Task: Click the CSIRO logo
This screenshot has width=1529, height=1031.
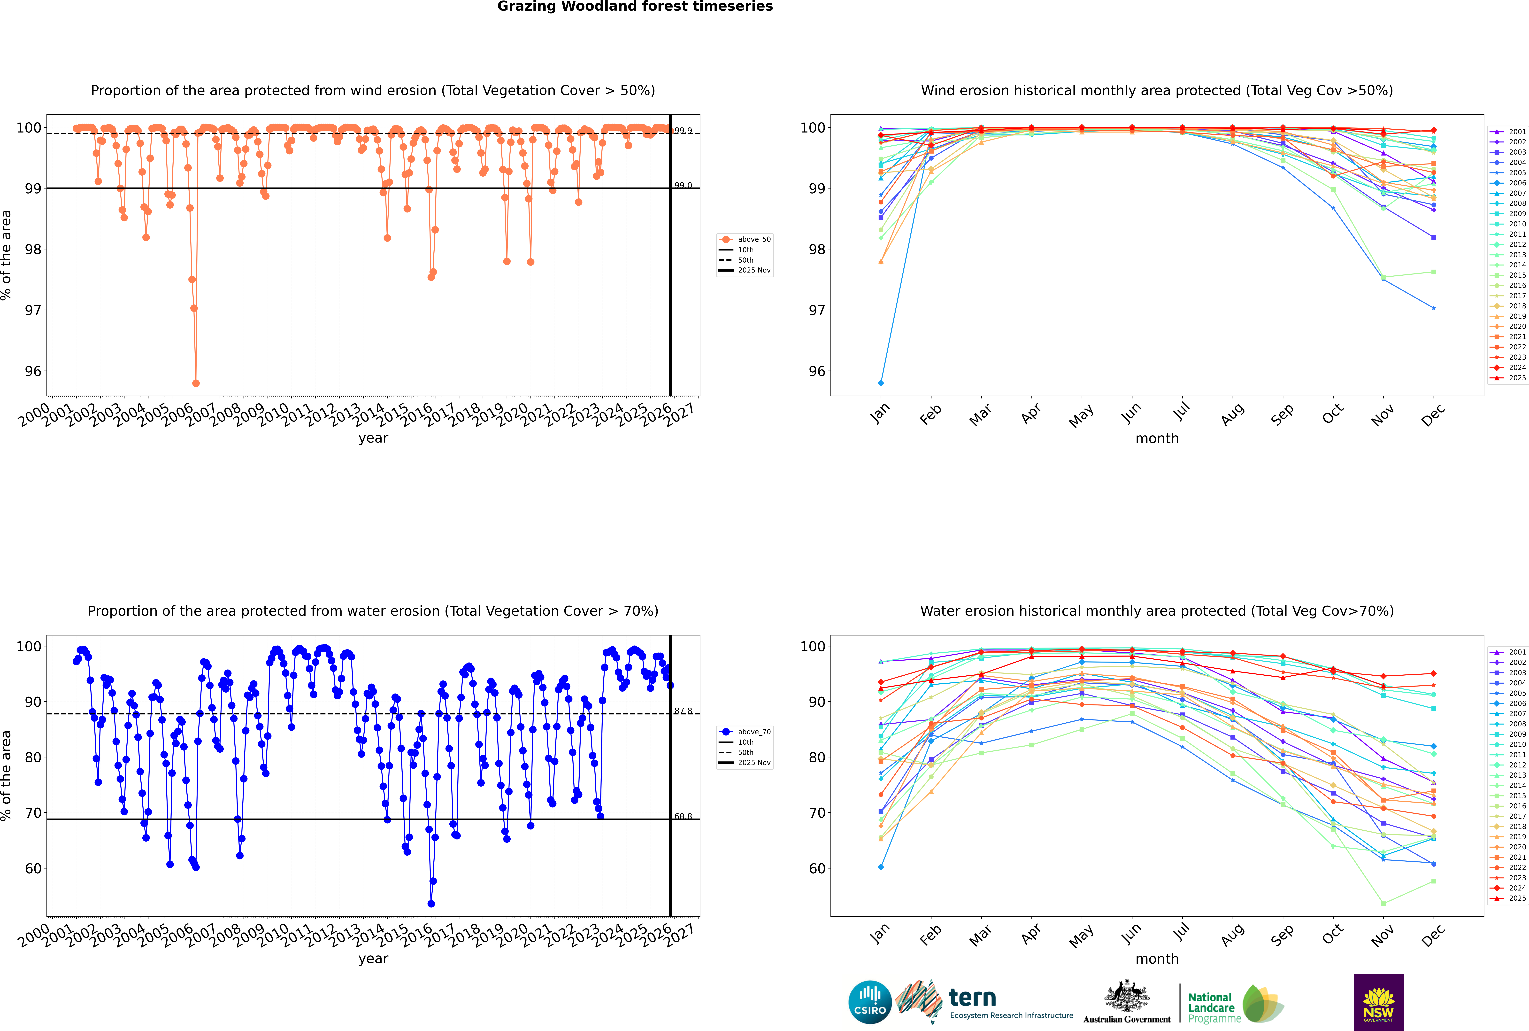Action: pyautogui.click(x=870, y=1002)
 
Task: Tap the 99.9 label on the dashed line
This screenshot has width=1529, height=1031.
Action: pyautogui.click(x=683, y=131)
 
